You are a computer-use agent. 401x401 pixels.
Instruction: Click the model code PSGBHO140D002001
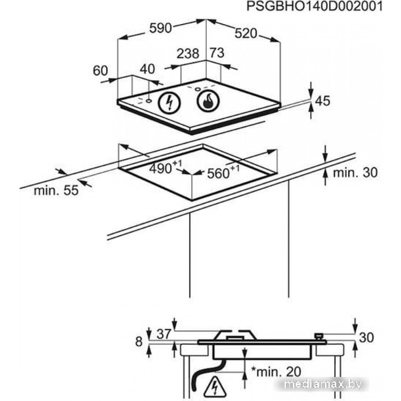click(x=314, y=6)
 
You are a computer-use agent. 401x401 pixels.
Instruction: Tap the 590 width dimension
click(x=160, y=28)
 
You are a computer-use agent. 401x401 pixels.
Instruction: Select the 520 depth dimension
click(x=246, y=33)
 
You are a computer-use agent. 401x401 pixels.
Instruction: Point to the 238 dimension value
click(x=188, y=53)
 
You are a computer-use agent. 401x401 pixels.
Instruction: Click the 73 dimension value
click(x=217, y=53)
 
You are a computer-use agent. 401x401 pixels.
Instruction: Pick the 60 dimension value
click(x=100, y=70)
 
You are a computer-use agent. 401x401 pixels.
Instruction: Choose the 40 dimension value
click(x=147, y=69)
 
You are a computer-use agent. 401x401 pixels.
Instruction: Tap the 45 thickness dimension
click(x=323, y=101)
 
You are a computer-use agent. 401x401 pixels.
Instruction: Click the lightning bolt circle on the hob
click(x=169, y=103)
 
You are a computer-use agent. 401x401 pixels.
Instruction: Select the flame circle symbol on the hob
click(x=208, y=101)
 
